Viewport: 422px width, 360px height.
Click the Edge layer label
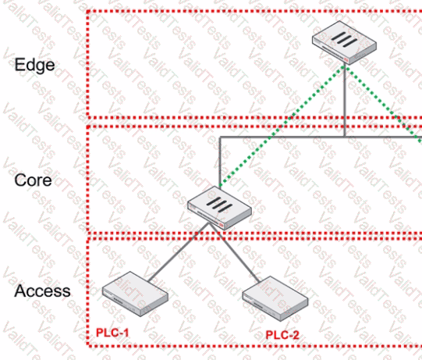[34, 66]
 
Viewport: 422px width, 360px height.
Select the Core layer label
[33, 180]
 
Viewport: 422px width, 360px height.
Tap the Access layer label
[42, 291]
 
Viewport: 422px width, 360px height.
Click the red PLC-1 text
[112, 333]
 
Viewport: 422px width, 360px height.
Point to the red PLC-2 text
[282, 335]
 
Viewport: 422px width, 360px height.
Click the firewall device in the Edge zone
[344, 43]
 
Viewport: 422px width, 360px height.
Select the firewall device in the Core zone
[219, 208]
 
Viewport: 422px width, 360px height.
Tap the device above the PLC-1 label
[135, 294]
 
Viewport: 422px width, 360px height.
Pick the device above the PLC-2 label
[275, 298]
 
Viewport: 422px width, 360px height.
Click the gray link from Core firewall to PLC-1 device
[179, 251]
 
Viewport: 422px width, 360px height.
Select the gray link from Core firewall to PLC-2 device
[235, 253]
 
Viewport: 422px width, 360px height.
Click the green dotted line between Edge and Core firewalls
[282, 126]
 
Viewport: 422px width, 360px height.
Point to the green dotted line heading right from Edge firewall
[383, 104]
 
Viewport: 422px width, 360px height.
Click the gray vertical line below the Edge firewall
[344, 101]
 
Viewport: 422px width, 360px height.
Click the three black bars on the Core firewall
[219, 205]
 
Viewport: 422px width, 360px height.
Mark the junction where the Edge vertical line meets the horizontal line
[344, 137]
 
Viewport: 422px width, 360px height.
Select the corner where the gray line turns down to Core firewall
[220, 137]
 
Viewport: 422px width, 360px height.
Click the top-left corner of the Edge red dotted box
[87, 11]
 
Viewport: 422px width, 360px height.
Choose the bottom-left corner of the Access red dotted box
[87, 345]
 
